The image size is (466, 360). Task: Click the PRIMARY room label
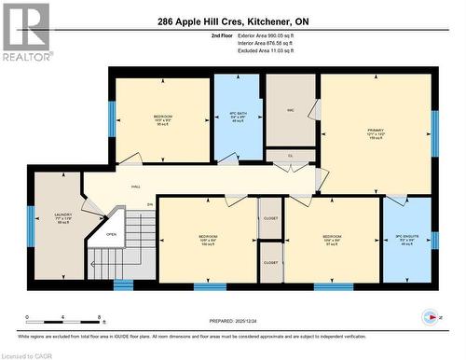point(376,130)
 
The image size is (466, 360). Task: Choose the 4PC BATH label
point(238,116)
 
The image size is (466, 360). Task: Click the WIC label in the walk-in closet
point(291,109)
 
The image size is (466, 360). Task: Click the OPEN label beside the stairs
point(111,234)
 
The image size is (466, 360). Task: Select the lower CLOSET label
point(270,263)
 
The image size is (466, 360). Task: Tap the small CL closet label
point(291,156)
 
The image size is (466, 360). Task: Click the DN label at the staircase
point(150,204)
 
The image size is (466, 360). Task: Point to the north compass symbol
point(431,315)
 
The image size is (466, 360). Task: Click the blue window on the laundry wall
point(30,226)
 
